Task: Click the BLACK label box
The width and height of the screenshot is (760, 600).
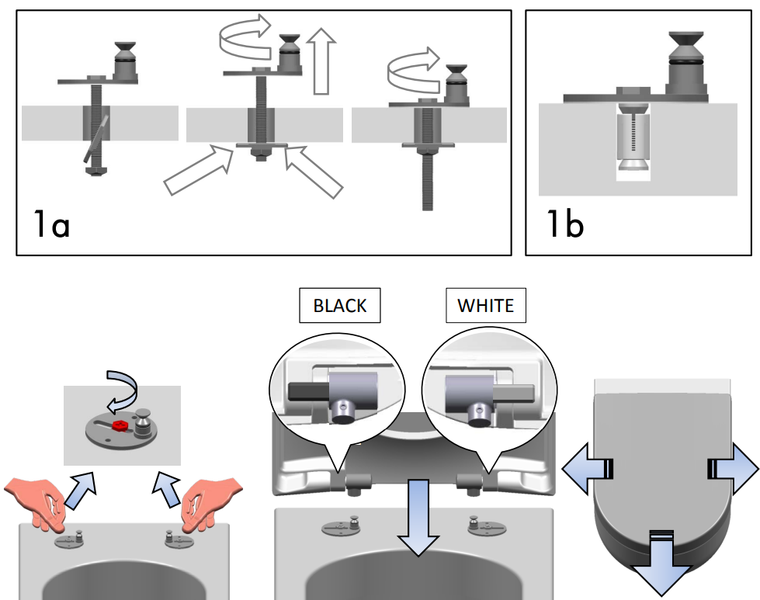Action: (x=339, y=306)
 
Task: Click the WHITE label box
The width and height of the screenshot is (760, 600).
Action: (x=485, y=306)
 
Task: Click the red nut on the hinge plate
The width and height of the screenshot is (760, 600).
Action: (x=120, y=426)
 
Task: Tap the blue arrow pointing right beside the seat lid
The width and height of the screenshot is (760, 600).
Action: (x=732, y=468)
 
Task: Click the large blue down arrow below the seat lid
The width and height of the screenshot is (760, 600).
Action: (x=661, y=567)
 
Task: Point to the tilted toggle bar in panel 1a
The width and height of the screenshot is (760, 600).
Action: (x=95, y=137)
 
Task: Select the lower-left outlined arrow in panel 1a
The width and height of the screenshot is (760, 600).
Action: (x=200, y=172)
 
